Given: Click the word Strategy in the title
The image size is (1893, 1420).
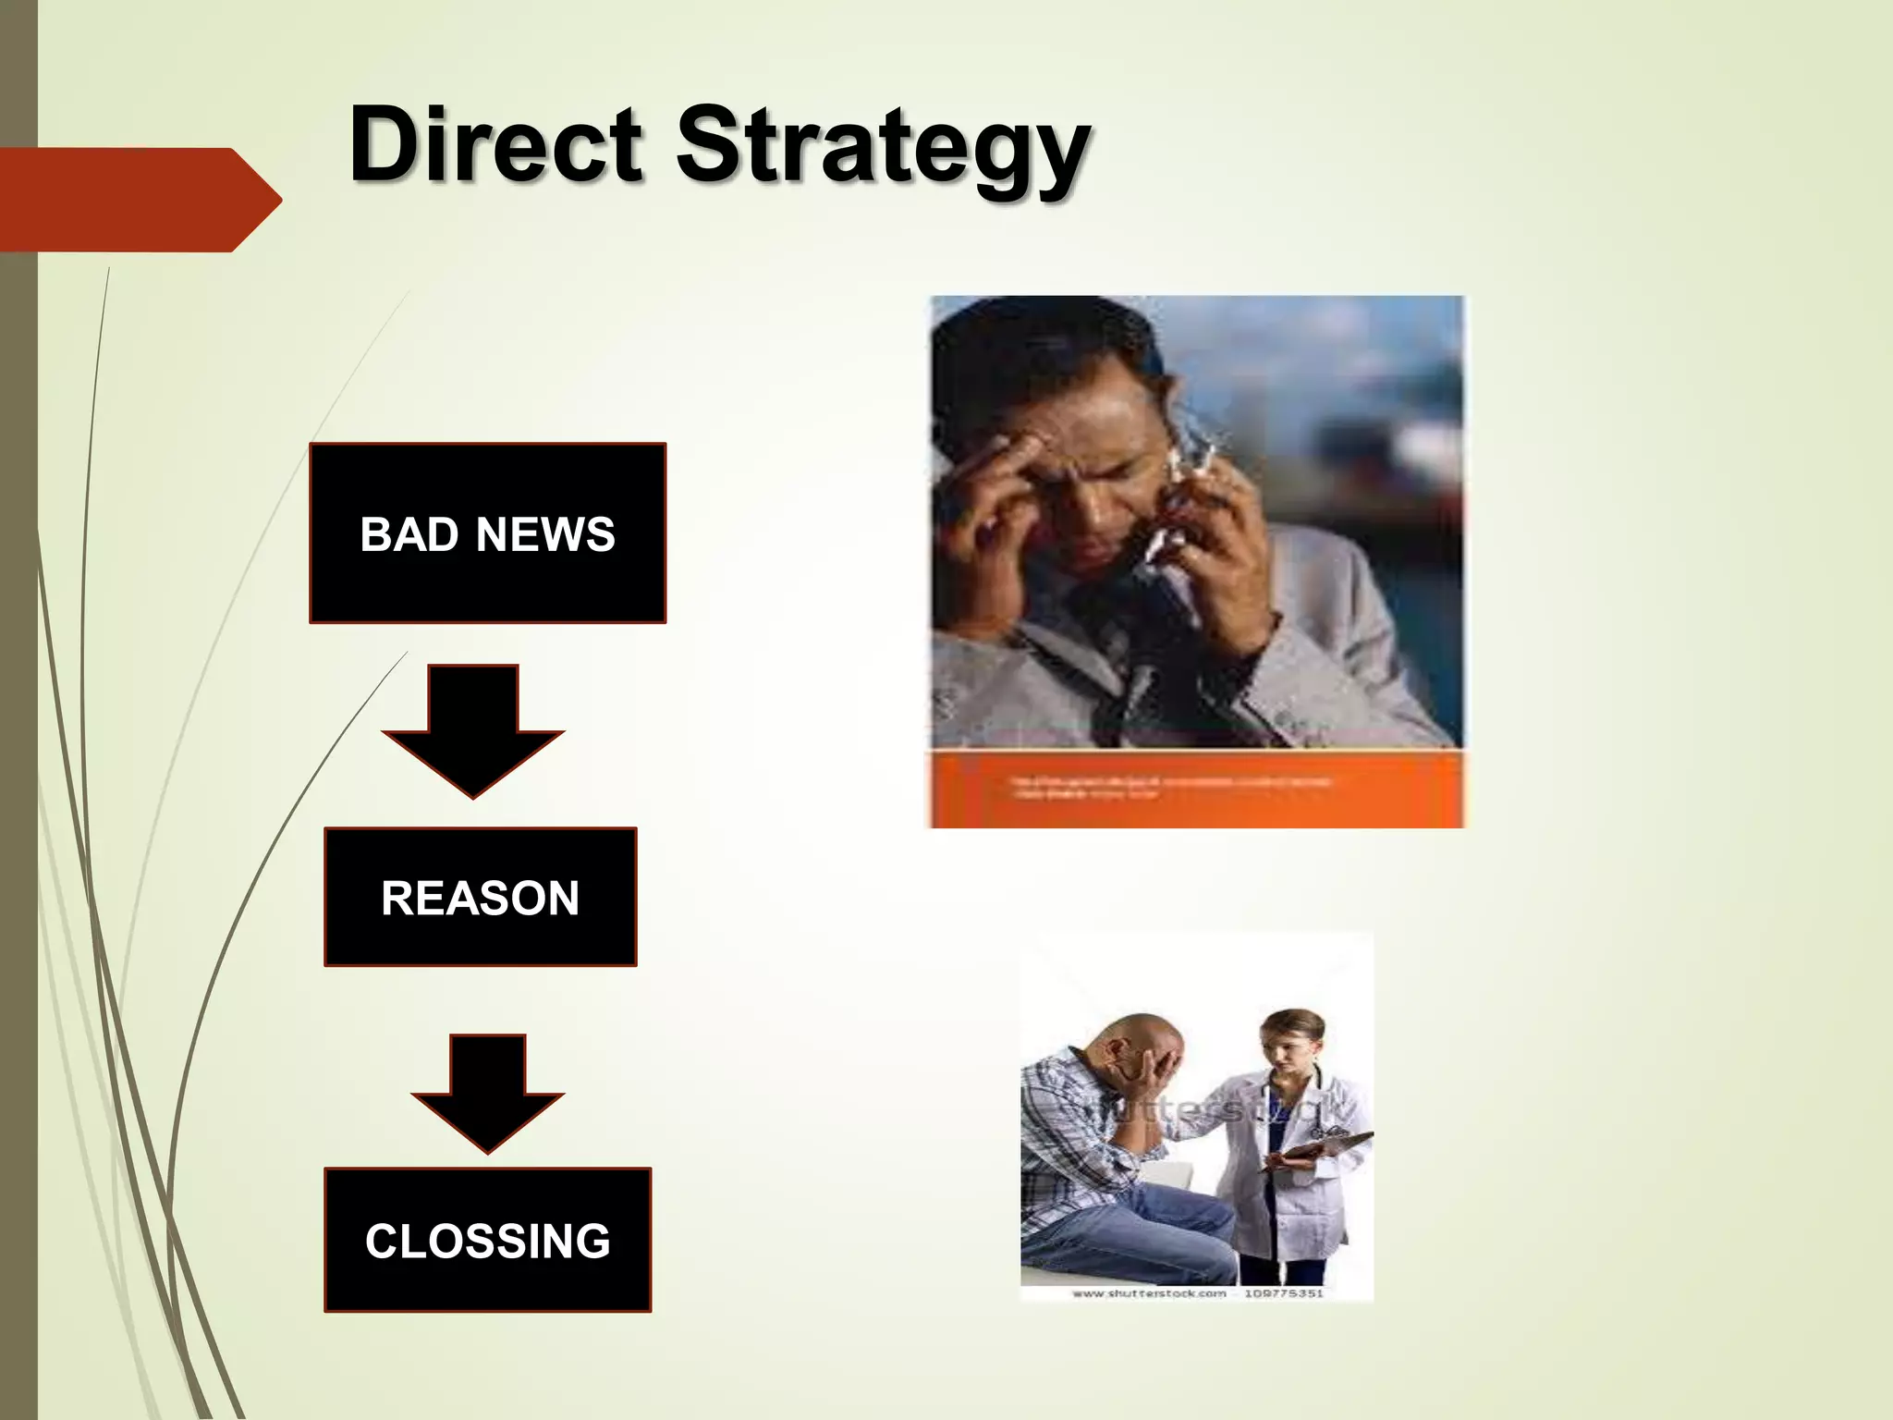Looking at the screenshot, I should click(x=883, y=148).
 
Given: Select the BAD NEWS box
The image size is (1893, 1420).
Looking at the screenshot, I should click(x=487, y=533).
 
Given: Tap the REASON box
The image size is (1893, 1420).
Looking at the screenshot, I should click(x=480, y=897).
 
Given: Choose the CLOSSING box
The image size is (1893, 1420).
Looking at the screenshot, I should click(x=487, y=1240).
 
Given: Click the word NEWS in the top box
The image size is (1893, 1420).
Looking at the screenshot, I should click(x=545, y=534).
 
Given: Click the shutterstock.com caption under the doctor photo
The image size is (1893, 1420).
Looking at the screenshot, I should click(x=1197, y=1293).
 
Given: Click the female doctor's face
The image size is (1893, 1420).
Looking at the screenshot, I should click(x=1289, y=1049).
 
